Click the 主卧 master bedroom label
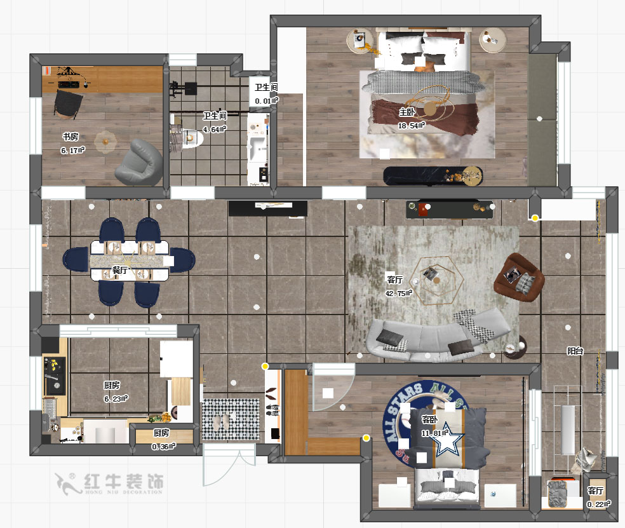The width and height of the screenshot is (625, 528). pyautogui.click(x=407, y=112)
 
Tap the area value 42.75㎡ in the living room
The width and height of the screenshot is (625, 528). pyautogui.click(x=399, y=294)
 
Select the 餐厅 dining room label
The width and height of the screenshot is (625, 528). pyautogui.click(x=120, y=270)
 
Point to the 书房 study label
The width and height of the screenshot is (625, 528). pyautogui.click(x=70, y=137)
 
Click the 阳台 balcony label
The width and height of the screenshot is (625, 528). pyautogui.click(x=575, y=351)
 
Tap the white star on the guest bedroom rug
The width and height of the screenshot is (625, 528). pyautogui.click(x=450, y=438)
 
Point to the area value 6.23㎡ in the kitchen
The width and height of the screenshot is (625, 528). pyautogui.click(x=116, y=398)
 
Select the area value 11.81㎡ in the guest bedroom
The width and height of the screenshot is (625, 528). pyautogui.click(x=434, y=434)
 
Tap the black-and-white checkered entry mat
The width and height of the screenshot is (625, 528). pyautogui.click(x=231, y=419)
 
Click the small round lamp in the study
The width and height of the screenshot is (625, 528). pyautogui.click(x=105, y=141)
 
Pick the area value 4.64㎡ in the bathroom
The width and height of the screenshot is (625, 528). pyautogui.click(x=214, y=130)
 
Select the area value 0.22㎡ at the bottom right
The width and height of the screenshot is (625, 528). pyautogui.click(x=598, y=504)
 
